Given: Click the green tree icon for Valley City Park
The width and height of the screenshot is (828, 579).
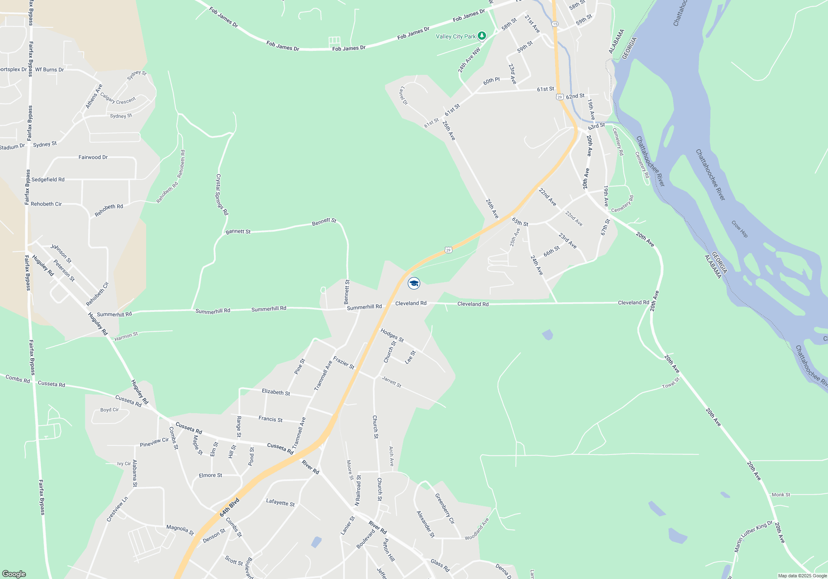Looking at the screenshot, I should pyautogui.click(x=481, y=36).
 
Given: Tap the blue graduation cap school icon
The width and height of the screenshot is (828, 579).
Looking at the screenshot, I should pyautogui.click(x=414, y=283).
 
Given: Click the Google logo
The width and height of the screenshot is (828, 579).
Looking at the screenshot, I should pyautogui.click(x=14, y=574).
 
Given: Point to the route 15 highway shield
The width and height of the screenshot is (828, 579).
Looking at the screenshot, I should pyautogui.click(x=555, y=24).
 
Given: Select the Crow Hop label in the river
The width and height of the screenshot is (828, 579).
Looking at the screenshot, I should pyautogui.click(x=739, y=229).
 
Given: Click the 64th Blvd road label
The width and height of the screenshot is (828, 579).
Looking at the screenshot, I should pyautogui.click(x=229, y=508).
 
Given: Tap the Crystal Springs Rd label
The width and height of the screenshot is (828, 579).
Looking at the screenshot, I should pyautogui.click(x=221, y=194).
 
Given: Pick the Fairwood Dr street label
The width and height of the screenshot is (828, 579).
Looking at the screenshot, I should pyautogui.click(x=93, y=157).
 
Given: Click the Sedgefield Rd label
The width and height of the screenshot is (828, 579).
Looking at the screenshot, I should pyautogui.click(x=48, y=179).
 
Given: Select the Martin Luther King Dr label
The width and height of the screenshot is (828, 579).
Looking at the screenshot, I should pyautogui.click(x=753, y=536).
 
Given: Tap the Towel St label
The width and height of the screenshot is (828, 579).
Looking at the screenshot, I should pyautogui.click(x=671, y=383).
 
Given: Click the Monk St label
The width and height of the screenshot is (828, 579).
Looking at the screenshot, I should pyautogui.click(x=781, y=495).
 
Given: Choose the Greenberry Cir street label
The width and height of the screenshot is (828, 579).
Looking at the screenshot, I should pyautogui.click(x=445, y=508).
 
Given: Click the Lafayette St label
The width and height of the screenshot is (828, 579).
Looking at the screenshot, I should pyautogui.click(x=280, y=502).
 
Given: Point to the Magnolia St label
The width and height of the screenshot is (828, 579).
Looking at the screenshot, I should pyautogui.click(x=180, y=530).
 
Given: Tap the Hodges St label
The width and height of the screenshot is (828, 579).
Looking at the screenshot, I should pyautogui.click(x=392, y=335).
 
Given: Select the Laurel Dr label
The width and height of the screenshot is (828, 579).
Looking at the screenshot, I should pyautogui.click(x=404, y=96).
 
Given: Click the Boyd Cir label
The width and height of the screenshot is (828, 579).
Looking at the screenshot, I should pyautogui.click(x=109, y=410).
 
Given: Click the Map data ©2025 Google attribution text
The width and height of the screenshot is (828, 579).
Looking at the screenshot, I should pyautogui.click(x=802, y=576).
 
